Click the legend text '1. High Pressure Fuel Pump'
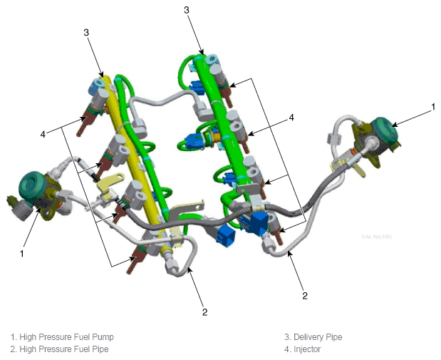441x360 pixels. click(x=62, y=337)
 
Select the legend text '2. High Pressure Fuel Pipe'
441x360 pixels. click(x=59, y=349)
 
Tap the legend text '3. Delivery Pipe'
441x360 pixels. click(x=313, y=337)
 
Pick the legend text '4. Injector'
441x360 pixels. click(x=302, y=349)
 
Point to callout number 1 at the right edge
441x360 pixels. click(x=433, y=107)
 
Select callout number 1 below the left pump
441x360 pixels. click(x=22, y=254)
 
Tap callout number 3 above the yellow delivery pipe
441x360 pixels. click(x=86, y=32)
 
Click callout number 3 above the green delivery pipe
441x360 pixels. click(x=187, y=10)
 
